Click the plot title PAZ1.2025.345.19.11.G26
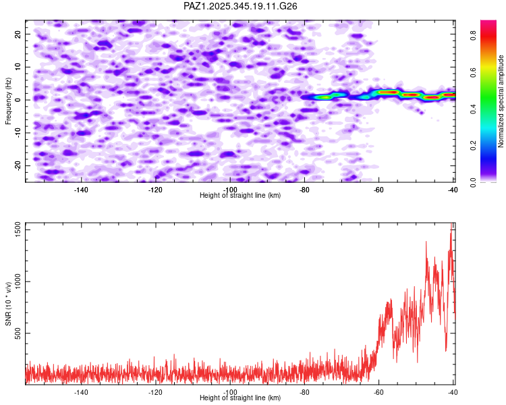click(241, 6)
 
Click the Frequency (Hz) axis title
click(8, 100)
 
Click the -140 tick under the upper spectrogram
click(81, 189)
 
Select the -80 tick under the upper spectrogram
click(304, 189)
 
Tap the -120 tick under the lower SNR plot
click(155, 391)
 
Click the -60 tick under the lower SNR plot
click(378, 391)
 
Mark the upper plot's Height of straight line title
click(240, 195)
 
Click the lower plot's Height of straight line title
click(240, 398)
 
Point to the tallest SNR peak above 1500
click(451, 224)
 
